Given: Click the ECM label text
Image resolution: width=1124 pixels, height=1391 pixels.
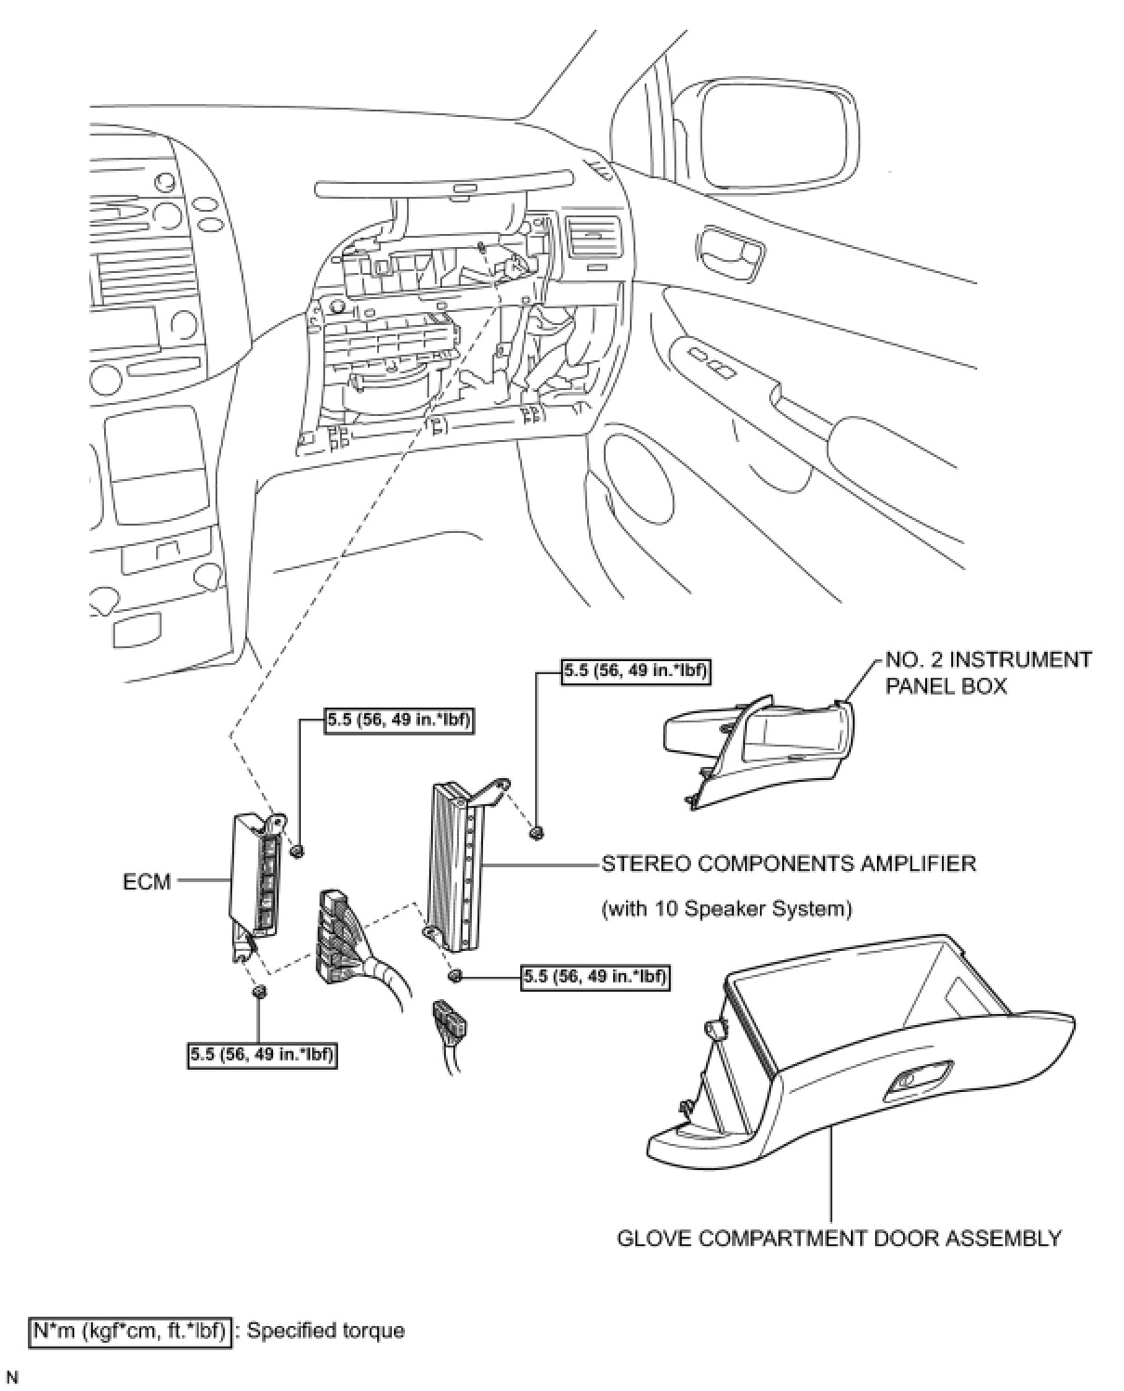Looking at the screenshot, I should pos(147,880).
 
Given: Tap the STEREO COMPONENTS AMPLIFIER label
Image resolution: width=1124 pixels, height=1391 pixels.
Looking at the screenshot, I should pos(789,864).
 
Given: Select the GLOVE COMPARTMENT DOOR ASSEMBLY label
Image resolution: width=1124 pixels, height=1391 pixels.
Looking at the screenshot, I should pos(839,1238).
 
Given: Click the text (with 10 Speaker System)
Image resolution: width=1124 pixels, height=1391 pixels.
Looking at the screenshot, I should pos(726,908).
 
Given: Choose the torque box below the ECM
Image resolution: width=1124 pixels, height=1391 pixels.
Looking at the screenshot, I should pos(261,1053).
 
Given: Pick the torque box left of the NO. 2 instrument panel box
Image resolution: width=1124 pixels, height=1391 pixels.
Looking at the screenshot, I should pos(636,671).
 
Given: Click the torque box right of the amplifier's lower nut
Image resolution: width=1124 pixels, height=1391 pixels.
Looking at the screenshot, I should pos(595,976).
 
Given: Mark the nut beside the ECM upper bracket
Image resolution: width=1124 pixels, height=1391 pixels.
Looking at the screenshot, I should pos(297,851).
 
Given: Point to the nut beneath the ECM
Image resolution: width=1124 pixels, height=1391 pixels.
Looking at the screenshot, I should pos(260,993).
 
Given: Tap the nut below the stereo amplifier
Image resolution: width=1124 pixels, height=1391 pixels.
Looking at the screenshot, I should pos(455,975).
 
